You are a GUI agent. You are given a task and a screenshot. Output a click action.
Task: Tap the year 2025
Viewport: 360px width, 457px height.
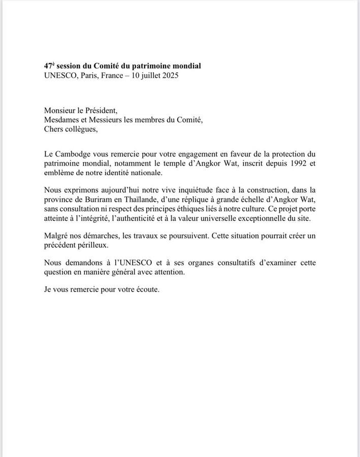point(170,76)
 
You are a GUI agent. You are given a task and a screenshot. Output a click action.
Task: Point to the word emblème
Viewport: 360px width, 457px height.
point(60,173)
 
